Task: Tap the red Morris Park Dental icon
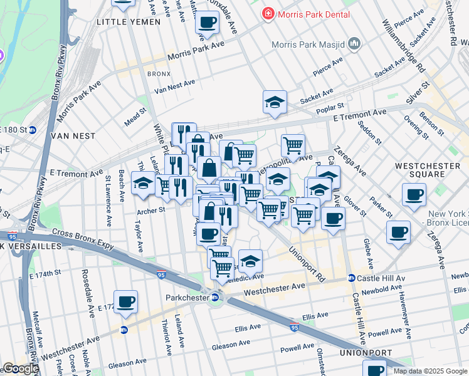[x=268, y=13]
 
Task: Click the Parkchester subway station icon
[x=214, y=298]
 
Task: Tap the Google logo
[x=20, y=368]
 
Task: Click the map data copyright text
[x=430, y=371]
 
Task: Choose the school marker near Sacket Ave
[x=275, y=102]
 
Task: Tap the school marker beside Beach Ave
[x=144, y=183]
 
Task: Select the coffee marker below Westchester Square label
[x=414, y=195]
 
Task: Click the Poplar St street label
[x=332, y=107]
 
